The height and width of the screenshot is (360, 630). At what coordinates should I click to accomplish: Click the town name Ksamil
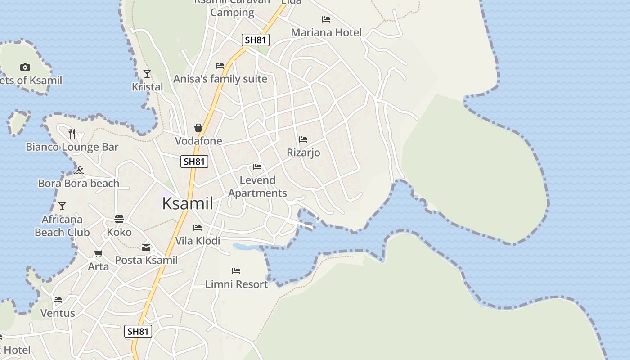187,203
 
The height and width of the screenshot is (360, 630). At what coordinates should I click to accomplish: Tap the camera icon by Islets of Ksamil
25,67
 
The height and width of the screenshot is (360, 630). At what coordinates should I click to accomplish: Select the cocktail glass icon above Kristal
147,73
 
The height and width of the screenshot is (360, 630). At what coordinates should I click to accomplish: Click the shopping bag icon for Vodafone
198,128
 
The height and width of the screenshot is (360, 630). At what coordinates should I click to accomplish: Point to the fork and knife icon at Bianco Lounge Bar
72,133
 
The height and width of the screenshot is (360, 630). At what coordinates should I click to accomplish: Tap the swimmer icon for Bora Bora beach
79,170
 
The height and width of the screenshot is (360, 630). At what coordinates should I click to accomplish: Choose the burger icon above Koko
119,219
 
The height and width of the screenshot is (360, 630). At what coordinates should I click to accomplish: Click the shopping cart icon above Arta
99,253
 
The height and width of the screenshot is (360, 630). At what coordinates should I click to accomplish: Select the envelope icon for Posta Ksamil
146,247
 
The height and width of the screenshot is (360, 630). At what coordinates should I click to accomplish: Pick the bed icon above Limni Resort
236,271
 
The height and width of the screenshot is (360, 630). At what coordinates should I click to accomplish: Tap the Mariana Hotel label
326,32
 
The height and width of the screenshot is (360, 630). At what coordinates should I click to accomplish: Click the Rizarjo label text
304,153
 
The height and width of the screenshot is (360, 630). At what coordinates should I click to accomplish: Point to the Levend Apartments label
257,186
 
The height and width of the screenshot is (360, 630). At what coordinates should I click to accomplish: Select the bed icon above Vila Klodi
198,228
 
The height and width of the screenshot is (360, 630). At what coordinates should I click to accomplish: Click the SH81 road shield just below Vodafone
194,162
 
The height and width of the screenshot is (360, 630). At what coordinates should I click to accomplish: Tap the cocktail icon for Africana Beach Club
62,206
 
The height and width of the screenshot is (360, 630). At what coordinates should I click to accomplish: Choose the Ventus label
58,313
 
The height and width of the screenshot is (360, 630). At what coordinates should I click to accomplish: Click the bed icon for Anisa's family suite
220,66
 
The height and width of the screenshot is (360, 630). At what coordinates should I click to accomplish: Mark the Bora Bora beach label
79,183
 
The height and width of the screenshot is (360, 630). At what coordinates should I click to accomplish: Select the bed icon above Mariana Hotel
326,19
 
